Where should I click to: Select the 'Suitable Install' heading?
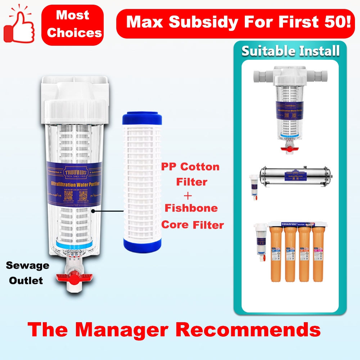(290, 51)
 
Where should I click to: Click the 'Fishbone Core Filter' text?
(192, 216)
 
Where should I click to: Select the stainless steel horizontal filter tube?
(293, 176)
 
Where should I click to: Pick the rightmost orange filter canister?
(318, 254)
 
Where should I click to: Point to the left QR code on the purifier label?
(68, 196)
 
